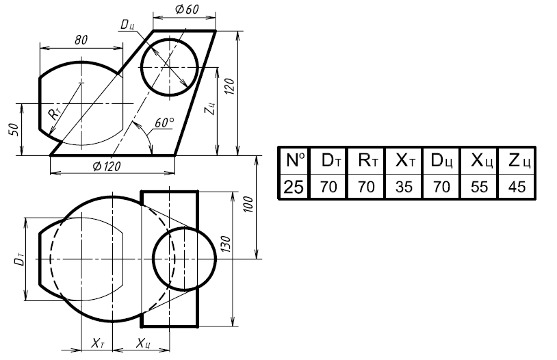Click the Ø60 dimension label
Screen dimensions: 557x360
(x=187, y=10)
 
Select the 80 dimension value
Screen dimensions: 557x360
(x=81, y=40)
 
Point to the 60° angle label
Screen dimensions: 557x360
(x=164, y=123)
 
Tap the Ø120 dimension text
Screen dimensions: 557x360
(x=107, y=166)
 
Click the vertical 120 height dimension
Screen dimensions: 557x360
(x=230, y=86)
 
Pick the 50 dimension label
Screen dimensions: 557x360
(x=13, y=129)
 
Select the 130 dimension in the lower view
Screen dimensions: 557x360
(x=226, y=244)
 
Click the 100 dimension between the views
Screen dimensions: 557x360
(x=248, y=205)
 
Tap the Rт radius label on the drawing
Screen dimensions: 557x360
(x=54, y=114)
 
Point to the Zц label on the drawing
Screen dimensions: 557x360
(x=210, y=108)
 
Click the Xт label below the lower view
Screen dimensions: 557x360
(x=98, y=344)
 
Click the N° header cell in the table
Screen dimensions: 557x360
(x=294, y=160)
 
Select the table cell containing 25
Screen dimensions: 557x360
(x=294, y=187)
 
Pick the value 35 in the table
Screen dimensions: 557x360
(x=404, y=187)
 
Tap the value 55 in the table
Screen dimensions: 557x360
(x=479, y=187)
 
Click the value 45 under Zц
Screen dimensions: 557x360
(x=517, y=187)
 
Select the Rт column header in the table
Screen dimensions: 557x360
(x=366, y=160)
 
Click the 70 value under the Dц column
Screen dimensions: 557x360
(x=441, y=187)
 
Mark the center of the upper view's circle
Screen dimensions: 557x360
(x=170, y=67)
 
